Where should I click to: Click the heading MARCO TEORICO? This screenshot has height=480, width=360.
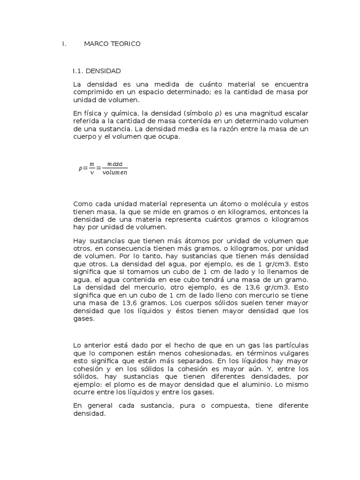(x=112, y=44)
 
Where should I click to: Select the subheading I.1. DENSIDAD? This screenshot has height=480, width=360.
(x=97, y=71)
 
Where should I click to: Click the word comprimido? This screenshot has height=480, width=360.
(x=91, y=92)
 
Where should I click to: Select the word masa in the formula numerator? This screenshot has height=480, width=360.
(x=115, y=164)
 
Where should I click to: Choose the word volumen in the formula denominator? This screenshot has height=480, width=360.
(x=115, y=172)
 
